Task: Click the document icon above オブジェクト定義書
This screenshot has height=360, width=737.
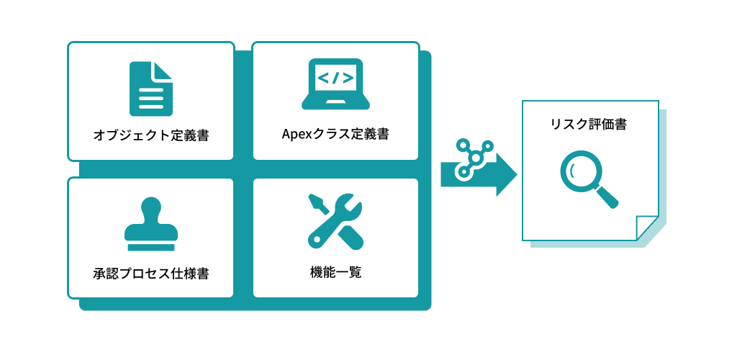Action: point(151,89)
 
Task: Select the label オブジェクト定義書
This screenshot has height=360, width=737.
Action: point(151,136)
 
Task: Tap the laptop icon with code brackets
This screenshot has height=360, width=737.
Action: point(335,84)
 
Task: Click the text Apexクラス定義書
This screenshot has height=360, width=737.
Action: point(335,135)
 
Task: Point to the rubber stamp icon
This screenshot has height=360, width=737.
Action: point(151,224)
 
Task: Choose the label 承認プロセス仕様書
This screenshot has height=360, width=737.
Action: point(151,274)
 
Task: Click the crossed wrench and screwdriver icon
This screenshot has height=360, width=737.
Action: point(335,221)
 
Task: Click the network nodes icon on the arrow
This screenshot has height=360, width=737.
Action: point(474,159)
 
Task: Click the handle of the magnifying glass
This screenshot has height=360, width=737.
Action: point(607,197)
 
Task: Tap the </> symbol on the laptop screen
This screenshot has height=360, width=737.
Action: point(335,77)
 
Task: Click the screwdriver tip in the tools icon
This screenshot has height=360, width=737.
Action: point(314,199)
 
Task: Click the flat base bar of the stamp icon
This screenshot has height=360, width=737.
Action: point(151,247)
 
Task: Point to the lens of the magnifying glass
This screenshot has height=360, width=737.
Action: point(578,168)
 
